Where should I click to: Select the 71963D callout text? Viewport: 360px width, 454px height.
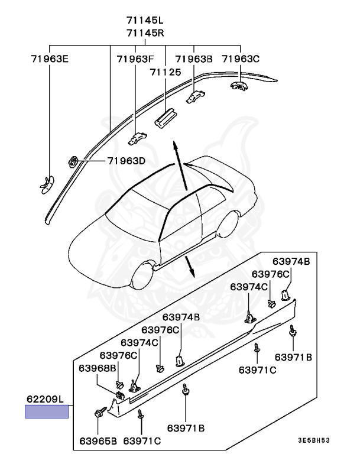pos(126,161)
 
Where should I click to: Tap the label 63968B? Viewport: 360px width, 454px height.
pos(98,368)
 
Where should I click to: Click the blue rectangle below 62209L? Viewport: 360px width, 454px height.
pos(46,411)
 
